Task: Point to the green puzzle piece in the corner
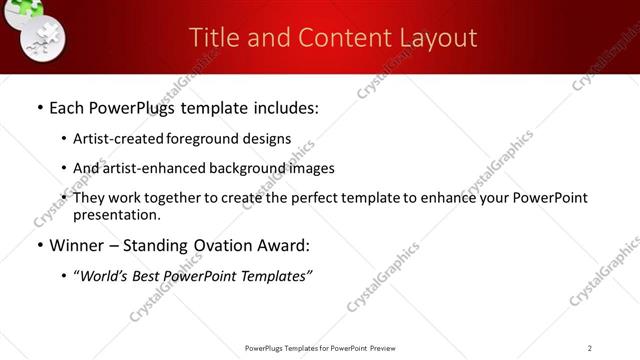click(30, 8)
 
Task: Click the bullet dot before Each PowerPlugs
click(39, 107)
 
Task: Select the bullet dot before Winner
click(39, 246)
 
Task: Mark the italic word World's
click(107, 276)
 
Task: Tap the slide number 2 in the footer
click(590, 348)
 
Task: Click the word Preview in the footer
click(387, 348)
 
